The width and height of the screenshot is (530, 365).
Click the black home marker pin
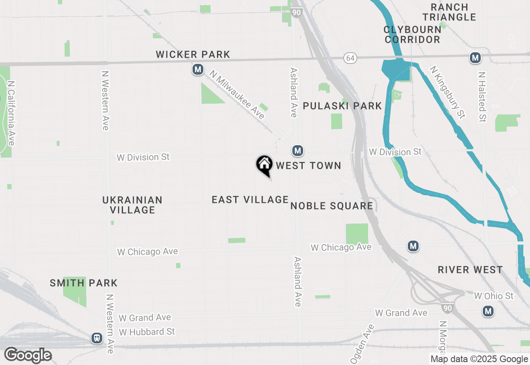coord(264,165)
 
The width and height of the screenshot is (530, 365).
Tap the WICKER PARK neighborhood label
coord(193,54)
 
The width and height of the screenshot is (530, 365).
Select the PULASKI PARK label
coord(342,106)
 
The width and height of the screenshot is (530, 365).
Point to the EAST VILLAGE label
coord(250,200)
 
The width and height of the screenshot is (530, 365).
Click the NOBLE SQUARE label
coord(332,206)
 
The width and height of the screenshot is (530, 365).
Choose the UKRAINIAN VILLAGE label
coord(132,205)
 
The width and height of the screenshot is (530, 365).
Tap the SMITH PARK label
coord(84,283)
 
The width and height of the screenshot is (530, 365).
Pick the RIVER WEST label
coord(470,270)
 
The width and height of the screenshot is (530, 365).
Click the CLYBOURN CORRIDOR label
coord(412,34)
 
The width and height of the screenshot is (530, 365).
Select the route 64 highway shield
coord(350,58)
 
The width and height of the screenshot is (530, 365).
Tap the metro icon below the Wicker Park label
coord(198,69)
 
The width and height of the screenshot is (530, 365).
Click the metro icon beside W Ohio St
coord(488,311)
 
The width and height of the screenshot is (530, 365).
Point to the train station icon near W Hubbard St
coord(97,338)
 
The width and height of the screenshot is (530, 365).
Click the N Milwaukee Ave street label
coord(237,94)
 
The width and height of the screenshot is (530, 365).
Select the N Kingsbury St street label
coord(447,92)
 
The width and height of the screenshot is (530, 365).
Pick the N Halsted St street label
coord(482,97)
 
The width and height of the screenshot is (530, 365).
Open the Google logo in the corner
coord(28,355)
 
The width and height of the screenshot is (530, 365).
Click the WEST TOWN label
coord(308,166)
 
